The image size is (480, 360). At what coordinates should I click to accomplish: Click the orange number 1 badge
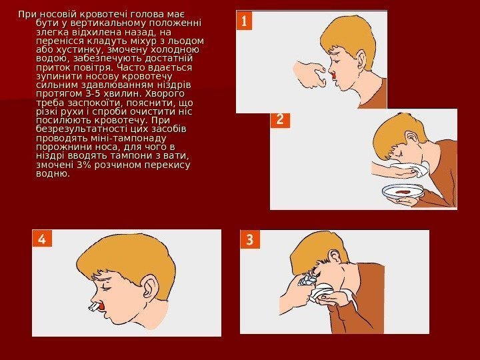[x=244, y=21]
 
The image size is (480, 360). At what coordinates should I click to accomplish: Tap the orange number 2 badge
[x=280, y=119]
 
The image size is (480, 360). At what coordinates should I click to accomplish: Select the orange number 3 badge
[x=250, y=239]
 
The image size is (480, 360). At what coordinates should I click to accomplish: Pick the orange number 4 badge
[x=42, y=238]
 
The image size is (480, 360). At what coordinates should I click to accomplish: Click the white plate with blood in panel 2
[x=403, y=191]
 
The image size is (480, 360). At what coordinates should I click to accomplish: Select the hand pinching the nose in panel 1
[x=310, y=74]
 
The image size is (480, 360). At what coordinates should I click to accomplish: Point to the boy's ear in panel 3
[x=334, y=256]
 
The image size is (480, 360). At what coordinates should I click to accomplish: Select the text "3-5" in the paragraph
[x=91, y=93]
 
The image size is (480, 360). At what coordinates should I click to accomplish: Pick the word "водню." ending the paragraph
[x=53, y=173]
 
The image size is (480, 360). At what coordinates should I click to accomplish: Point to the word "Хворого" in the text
[x=165, y=93]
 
